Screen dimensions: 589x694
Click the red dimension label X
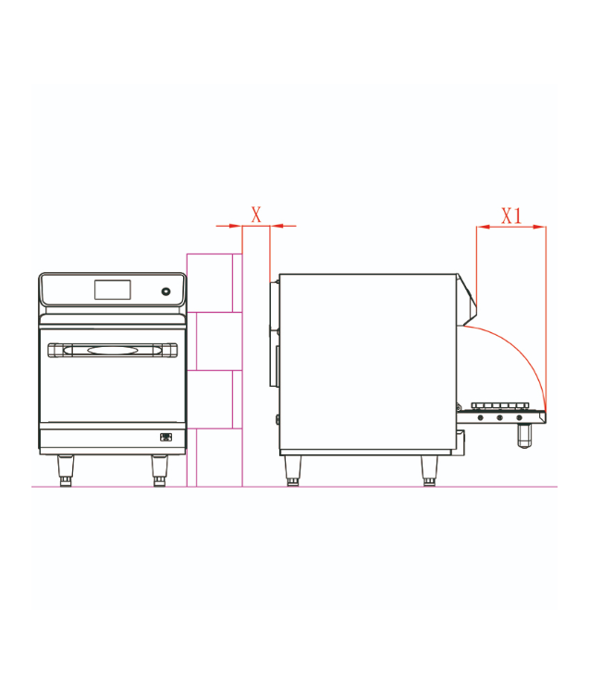[256, 215]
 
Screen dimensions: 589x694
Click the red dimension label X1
[511, 216]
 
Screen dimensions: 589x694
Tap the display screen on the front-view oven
[112, 290]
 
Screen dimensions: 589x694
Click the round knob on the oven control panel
[166, 291]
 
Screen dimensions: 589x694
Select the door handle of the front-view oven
[112, 350]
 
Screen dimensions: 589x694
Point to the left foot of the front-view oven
[65, 471]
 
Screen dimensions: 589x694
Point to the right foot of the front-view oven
[159, 471]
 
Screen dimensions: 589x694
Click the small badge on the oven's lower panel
[166, 438]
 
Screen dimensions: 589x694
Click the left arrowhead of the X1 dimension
[484, 227]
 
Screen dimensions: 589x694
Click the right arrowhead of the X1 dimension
[539, 227]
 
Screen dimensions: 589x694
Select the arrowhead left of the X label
[236, 226]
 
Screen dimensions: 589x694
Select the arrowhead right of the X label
[276, 226]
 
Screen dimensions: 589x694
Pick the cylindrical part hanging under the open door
[524, 436]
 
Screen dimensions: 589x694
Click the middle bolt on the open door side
[499, 418]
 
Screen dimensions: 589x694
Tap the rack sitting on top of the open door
[500, 406]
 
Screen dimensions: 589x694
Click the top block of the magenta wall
[215, 283]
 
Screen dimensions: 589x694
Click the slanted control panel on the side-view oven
[467, 299]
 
